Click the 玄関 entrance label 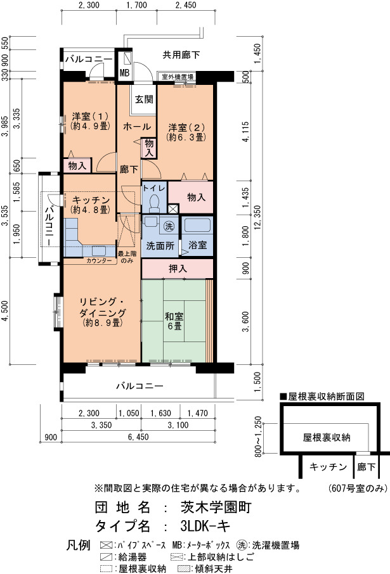click(x=144, y=99)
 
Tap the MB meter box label click(x=125, y=73)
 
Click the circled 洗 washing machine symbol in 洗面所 click(x=169, y=226)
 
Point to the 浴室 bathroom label click(x=198, y=245)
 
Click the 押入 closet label click(x=178, y=269)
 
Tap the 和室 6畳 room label click(x=174, y=321)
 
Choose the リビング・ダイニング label click(x=103, y=312)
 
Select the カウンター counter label click(x=100, y=260)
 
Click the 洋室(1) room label click(x=90, y=121)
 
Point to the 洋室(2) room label click(x=186, y=132)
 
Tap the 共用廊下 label click(x=181, y=55)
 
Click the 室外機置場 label click(x=178, y=77)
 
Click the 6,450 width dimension click(x=138, y=437)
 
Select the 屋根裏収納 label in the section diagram click(x=327, y=437)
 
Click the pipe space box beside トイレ click(x=172, y=209)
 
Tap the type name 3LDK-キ click(x=205, y=526)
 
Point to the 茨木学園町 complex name click(x=216, y=507)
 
